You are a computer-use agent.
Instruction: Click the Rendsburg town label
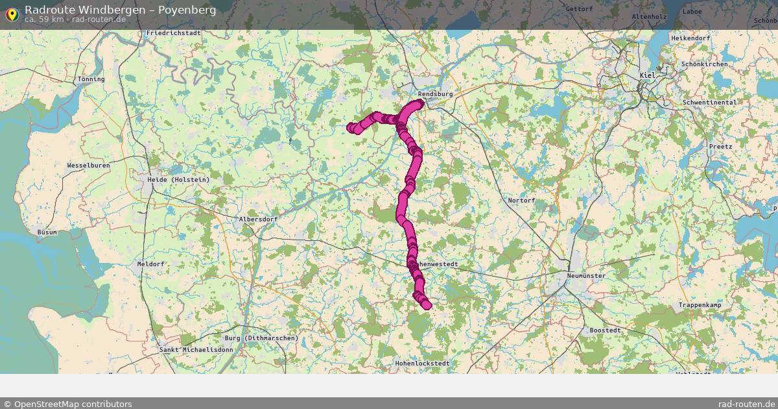435,94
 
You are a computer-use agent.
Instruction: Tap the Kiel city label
647,75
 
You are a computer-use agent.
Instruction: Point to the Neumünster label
585,276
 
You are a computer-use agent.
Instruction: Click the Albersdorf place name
258,219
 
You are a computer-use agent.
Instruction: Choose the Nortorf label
521,201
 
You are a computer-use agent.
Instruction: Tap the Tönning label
91,79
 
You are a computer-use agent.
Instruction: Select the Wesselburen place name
88,166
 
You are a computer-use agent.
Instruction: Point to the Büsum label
47,232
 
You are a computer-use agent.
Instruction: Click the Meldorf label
151,264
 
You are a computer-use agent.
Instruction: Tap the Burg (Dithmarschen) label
261,338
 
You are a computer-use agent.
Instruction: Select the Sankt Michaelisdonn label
196,350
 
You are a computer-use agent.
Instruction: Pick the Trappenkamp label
700,305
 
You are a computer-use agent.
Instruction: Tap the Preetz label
720,147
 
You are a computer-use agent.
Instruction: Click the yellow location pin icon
11,14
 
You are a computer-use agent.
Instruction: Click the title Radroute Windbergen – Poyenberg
120,10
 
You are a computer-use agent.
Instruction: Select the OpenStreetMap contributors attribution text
67,404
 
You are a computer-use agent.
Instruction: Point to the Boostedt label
605,330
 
